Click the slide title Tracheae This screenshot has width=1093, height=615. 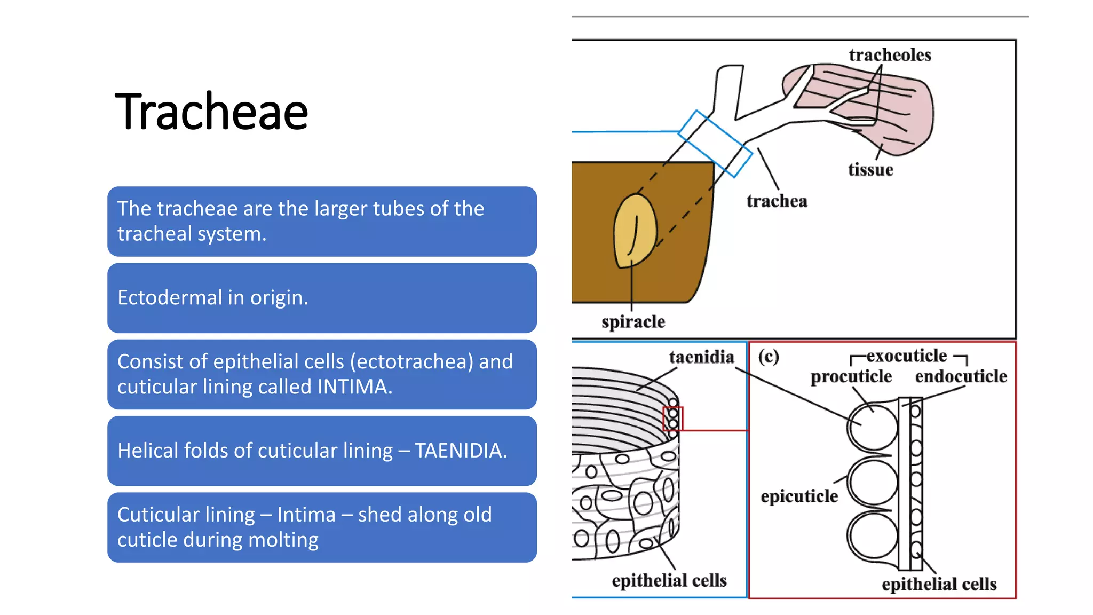point(211,112)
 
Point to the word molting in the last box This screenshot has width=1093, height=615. point(283,540)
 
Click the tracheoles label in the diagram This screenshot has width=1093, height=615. point(890,55)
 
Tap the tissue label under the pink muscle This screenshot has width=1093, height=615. point(870,170)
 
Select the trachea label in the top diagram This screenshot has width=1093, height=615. point(777,201)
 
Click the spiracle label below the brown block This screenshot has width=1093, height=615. point(633,322)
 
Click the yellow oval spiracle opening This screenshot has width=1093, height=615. point(635,231)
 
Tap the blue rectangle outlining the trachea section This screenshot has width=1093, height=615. point(715,143)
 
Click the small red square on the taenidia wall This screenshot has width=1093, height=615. point(672,419)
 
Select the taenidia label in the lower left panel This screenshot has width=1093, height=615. point(701,357)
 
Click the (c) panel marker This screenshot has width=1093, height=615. point(769,357)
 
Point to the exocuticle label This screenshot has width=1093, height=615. point(906,356)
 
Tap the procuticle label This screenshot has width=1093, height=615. point(851,377)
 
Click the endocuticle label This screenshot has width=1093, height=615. point(961,377)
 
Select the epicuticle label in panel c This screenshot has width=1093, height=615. point(799,496)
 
